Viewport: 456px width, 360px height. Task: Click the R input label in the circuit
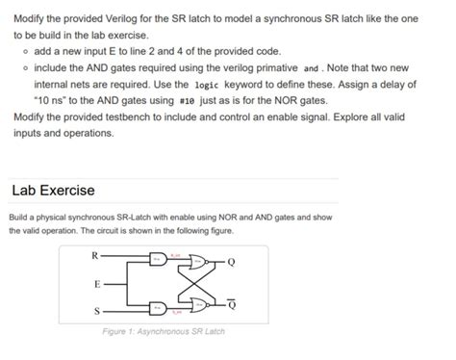94,255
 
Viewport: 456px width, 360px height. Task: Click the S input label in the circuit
94,312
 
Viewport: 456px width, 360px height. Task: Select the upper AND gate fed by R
158,258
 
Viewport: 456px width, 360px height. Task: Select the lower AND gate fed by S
158,308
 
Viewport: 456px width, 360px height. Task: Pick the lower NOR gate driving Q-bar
199,304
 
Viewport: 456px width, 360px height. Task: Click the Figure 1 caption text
163,332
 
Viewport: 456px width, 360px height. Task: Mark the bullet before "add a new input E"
24,50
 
